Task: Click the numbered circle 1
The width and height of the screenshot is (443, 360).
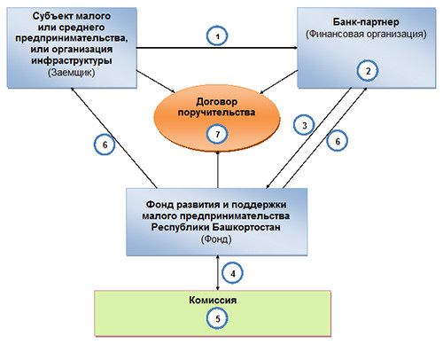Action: click(217, 36)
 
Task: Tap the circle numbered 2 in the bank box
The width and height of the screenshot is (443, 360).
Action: click(368, 71)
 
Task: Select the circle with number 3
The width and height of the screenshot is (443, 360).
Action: click(304, 125)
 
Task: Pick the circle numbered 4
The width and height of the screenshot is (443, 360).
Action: click(232, 274)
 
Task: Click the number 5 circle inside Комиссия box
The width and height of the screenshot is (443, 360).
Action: click(218, 318)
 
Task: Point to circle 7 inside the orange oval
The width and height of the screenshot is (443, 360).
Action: click(218, 135)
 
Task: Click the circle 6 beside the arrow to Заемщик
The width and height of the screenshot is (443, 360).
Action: click(105, 145)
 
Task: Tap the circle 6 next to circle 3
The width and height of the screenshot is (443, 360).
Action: click(338, 141)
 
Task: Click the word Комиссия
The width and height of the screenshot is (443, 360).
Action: click(213, 300)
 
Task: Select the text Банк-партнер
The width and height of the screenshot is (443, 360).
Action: click(366, 22)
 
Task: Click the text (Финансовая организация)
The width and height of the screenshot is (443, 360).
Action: click(366, 34)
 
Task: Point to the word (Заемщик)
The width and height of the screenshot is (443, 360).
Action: click(72, 73)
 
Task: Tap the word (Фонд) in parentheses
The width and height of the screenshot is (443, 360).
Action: click(216, 239)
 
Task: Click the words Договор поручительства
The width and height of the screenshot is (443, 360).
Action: click(216, 107)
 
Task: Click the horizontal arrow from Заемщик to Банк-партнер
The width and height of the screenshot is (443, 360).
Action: click(217, 48)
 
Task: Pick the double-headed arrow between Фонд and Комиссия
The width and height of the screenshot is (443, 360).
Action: click(218, 273)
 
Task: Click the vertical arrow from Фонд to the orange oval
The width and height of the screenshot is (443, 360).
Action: click(218, 169)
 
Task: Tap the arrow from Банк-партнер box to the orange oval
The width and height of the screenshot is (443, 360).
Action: click(278, 82)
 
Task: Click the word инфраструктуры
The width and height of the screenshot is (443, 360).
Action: click(72, 60)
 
